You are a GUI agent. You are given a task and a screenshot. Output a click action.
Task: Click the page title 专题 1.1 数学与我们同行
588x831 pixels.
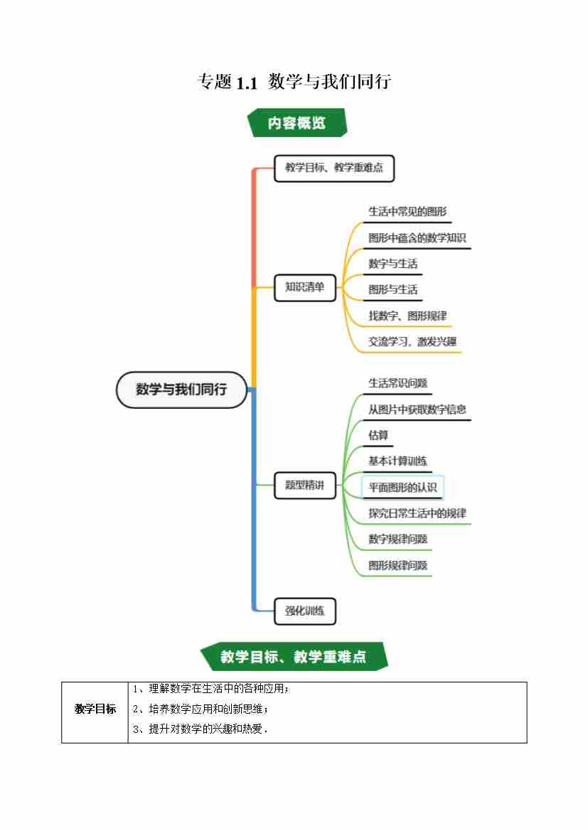(x=294, y=82)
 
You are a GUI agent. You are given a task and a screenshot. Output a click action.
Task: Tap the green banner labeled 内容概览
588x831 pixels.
(x=296, y=123)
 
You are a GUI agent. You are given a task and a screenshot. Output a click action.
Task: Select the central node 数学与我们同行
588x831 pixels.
(x=181, y=390)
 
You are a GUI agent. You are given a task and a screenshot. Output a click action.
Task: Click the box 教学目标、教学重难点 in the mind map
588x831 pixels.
(x=333, y=168)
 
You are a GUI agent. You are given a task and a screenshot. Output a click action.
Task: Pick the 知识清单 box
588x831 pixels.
(x=304, y=287)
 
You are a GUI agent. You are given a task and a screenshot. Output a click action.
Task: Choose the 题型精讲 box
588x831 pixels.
(x=304, y=486)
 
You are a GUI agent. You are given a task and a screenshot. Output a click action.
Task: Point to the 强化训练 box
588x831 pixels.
(x=304, y=611)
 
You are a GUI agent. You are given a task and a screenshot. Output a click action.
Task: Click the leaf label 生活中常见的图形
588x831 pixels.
(x=407, y=212)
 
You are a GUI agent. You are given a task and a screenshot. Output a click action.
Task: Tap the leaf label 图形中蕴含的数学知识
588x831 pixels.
(x=417, y=238)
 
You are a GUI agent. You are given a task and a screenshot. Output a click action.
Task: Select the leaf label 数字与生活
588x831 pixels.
(x=392, y=264)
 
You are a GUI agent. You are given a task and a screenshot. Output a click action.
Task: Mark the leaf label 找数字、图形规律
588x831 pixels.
(x=407, y=316)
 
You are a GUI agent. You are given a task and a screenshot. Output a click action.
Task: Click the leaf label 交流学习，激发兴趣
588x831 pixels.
(x=412, y=342)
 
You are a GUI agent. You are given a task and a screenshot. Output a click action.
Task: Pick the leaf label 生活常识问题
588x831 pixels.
(x=397, y=383)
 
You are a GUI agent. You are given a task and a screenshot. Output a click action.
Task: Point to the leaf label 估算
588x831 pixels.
(x=378, y=435)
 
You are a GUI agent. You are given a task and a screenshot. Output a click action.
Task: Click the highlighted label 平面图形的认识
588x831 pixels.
(x=402, y=488)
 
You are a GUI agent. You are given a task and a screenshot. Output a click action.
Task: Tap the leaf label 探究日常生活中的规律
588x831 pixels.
(x=417, y=513)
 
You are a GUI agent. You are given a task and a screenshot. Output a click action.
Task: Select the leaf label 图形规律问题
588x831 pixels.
(x=397, y=566)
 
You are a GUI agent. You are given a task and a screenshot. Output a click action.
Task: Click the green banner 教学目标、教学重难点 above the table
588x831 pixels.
(x=293, y=657)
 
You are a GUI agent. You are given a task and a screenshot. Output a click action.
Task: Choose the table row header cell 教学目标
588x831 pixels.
(x=95, y=709)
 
